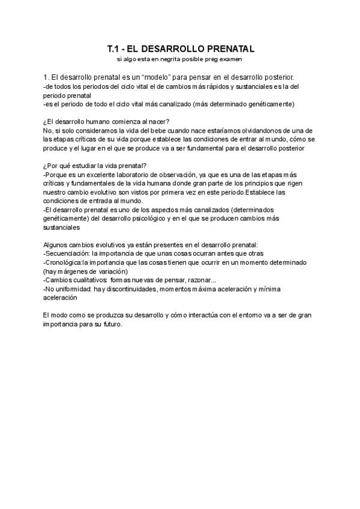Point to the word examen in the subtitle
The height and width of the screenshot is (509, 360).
tap(230, 59)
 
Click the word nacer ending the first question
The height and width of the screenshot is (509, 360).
tap(157, 121)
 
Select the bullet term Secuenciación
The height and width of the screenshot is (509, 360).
tap(64, 253)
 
